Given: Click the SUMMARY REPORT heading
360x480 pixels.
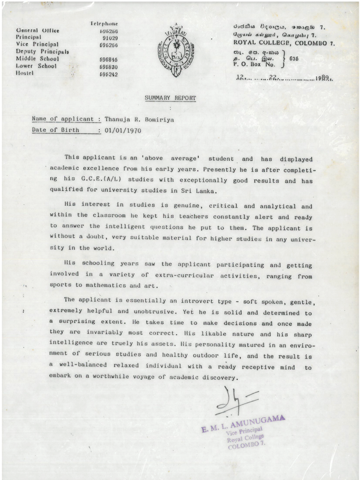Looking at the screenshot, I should click(x=171, y=98).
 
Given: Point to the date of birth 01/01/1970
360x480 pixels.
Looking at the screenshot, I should click(x=123, y=130).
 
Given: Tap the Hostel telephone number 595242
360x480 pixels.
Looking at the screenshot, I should click(x=108, y=74).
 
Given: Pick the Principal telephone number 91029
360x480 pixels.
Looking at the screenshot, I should click(x=110, y=37).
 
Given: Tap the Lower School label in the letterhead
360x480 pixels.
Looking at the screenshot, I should click(x=36, y=67).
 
